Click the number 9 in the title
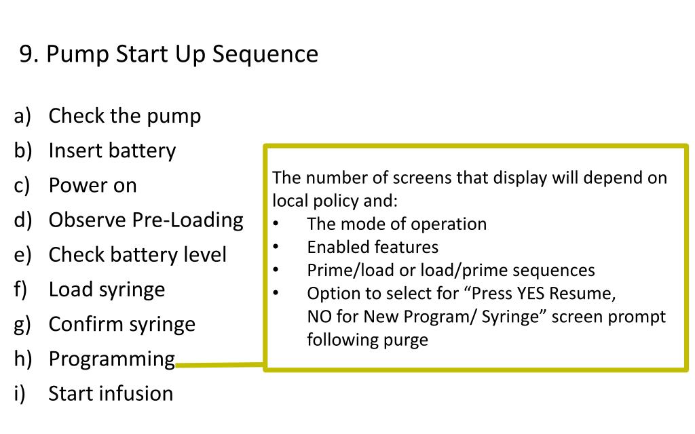26,54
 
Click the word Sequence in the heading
265,55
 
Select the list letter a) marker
22,116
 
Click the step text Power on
92,185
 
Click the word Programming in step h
112,359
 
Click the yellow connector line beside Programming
220,365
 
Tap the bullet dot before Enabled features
276,247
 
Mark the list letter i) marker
20,393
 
